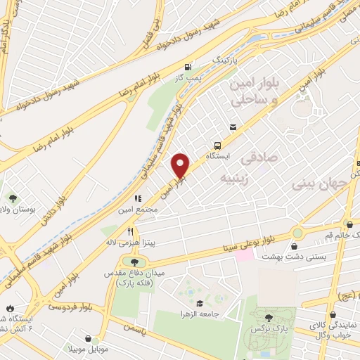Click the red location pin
pyautogui.click(x=181, y=165)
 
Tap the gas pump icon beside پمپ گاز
pyautogui.click(x=187, y=67)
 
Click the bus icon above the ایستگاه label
pyautogui.click(x=231, y=127)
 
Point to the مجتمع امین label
pyautogui.click(x=159, y=209)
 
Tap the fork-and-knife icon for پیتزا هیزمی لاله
pyautogui.click(x=130, y=231)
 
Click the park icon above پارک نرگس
pyautogui.click(x=268, y=318)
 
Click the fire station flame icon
pyautogui.click(x=11, y=307)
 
